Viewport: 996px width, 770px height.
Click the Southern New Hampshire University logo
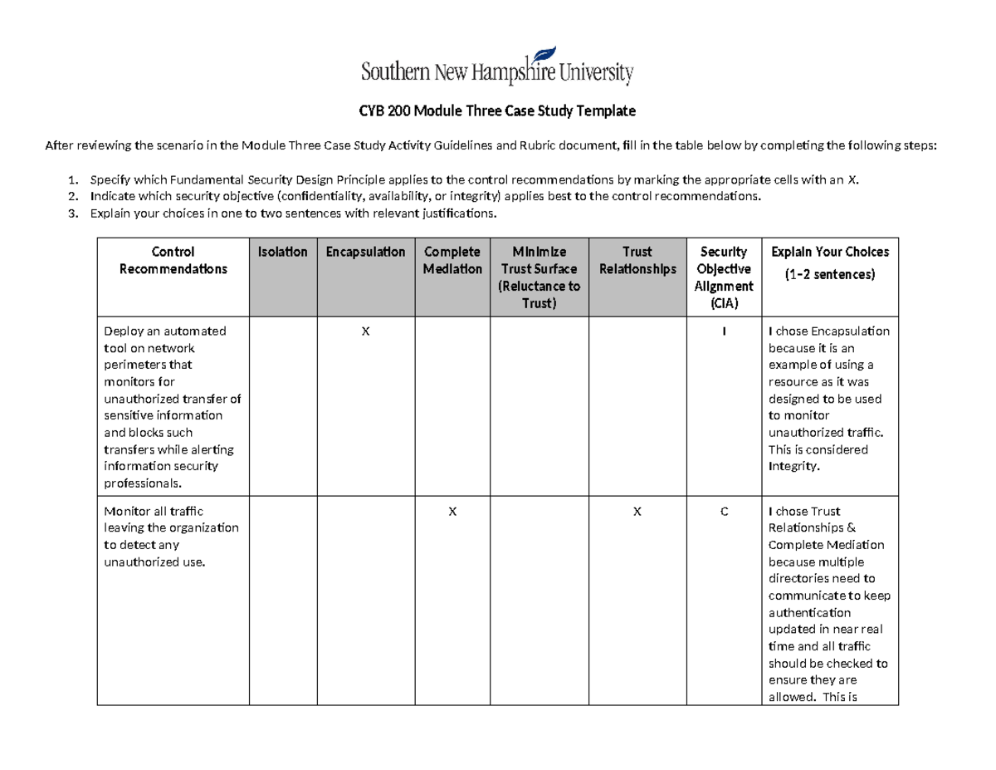click(497, 66)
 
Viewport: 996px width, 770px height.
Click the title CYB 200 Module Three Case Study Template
click(497, 110)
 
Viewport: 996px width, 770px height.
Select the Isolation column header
click(282, 252)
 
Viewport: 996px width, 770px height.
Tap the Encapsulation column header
click(365, 252)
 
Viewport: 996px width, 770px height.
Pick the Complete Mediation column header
click(452, 260)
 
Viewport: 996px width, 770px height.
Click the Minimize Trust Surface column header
click(539, 277)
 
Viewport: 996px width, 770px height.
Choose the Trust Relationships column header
click(637, 260)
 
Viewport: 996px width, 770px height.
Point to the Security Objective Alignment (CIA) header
click(724, 277)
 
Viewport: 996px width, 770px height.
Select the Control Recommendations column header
click(173, 260)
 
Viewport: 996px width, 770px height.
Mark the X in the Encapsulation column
click(365, 331)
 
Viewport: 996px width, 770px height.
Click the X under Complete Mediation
click(452, 512)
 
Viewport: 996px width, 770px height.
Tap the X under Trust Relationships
click(637, 512)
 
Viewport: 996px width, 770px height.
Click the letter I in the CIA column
click(724, 331)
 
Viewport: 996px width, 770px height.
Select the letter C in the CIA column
click(724, 512)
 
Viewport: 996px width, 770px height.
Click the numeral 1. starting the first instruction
click(73, 179)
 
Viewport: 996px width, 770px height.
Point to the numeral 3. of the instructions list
click(73, 213)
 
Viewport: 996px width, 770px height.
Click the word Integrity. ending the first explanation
click(793, 467)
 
